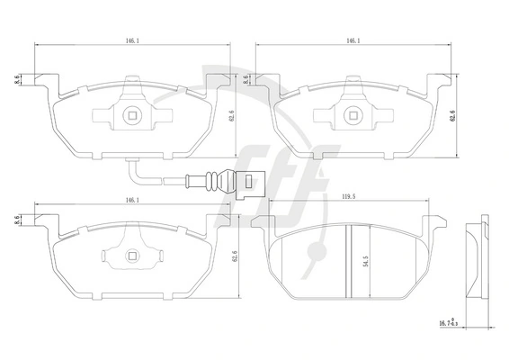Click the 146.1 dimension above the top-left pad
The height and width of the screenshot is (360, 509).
[x=132, y=40]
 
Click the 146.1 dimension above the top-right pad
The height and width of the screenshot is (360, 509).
[x=353, y=40]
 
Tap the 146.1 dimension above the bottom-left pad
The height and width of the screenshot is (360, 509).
[x=132, y=201]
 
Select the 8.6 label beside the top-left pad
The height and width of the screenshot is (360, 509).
[x=17, y=79]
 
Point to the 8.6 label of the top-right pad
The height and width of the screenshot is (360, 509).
[x=246, y=79]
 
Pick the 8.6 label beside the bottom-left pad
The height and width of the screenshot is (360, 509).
[x=17, y=220]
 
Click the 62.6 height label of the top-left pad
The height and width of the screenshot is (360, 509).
[x=231, y=115]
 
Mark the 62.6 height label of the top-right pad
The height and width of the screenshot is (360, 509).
[x=452, y=116]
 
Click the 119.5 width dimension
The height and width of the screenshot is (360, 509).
[x=348, y=196]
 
